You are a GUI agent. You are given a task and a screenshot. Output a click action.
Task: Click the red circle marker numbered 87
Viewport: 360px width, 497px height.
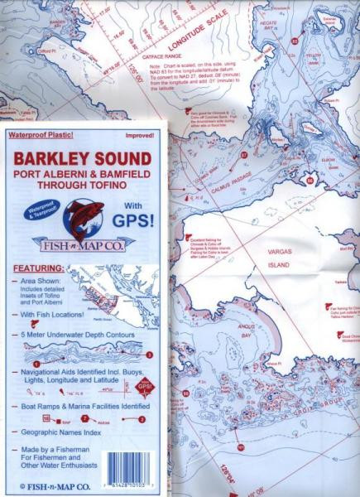tap(243, 154)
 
